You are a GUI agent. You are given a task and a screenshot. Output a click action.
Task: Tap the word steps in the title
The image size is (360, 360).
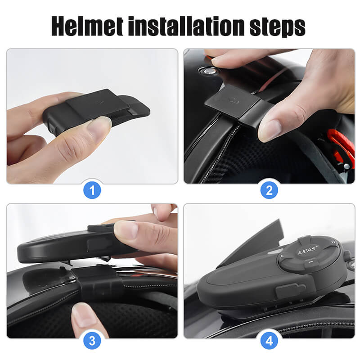[x=282, y=27]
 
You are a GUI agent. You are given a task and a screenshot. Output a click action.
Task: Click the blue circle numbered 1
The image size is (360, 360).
[x=92, y=190]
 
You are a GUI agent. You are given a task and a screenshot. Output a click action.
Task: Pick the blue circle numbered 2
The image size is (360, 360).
[x=269, y=190]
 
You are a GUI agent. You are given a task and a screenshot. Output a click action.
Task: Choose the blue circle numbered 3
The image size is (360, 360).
[x=92, y=341]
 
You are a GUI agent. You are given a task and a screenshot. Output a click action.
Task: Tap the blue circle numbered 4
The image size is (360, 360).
[x=269, y=341]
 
